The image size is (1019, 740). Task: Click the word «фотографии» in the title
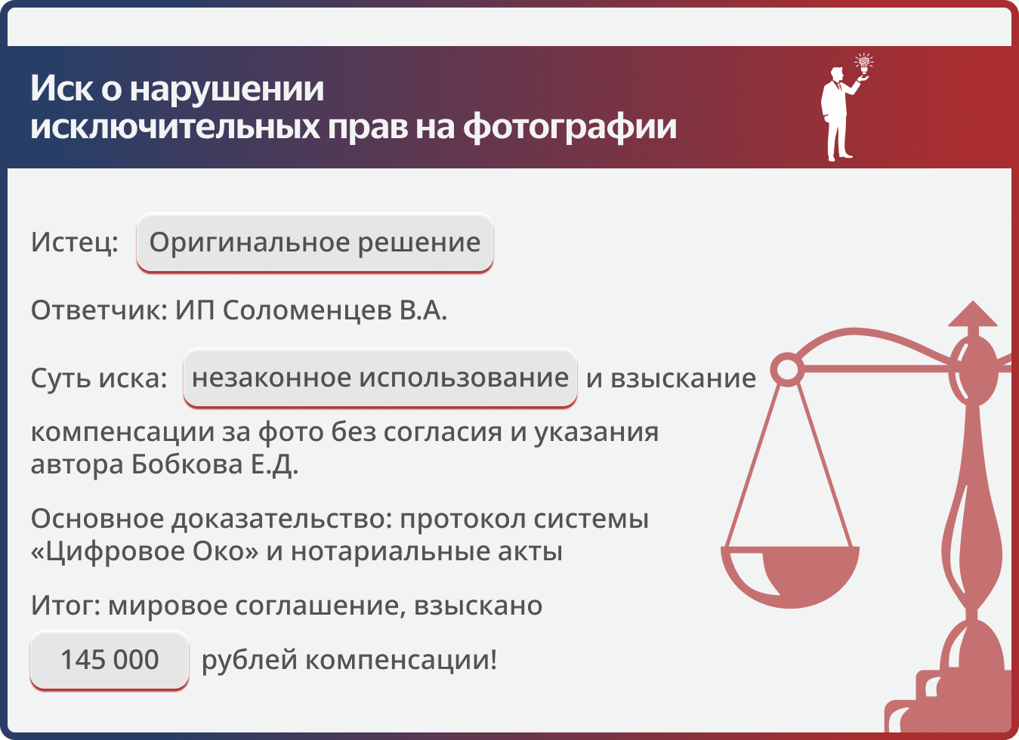coord(570,128)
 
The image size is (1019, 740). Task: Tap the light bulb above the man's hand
coord(863,63)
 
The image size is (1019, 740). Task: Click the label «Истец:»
coord(75,242)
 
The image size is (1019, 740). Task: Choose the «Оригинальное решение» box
coord(315,243)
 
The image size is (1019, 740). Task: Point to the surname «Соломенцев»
coord(307,310)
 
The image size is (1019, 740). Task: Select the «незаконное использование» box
coord(380,378)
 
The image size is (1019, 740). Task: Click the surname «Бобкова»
coord(187,464)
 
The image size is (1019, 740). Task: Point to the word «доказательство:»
coord(282,519)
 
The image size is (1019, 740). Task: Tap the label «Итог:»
coord(66,606)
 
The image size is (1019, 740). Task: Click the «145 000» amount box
coord(110,660)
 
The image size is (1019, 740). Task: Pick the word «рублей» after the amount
coord(250,661)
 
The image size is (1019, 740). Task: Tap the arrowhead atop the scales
coord(973,314)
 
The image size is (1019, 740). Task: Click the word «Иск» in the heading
coord(61,88)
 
